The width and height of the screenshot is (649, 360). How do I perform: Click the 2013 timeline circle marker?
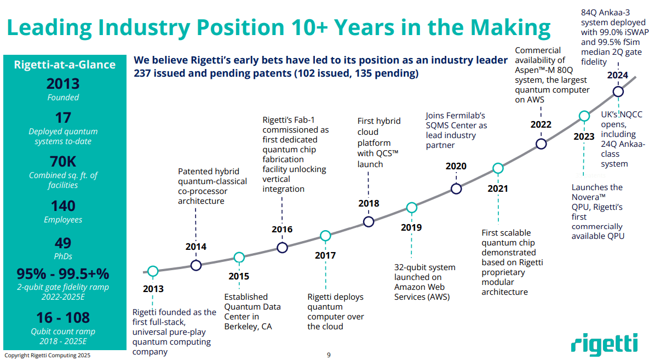click(x=153, y=271)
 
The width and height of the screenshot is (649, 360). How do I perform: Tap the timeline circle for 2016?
click(x=282, y=248)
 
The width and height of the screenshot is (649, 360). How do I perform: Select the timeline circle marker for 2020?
click(x=456, y=189)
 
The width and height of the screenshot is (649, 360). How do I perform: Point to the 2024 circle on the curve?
click(x=618, y=92)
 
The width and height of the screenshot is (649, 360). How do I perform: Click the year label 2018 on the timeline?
click(x=369, y=204)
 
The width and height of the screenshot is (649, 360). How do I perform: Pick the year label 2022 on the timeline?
click(x=541, y=124)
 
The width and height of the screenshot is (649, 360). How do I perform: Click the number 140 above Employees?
click(x=63, y=206)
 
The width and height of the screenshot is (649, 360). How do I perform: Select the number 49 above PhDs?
click(x=63, y=243)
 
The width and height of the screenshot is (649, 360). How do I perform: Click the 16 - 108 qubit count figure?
click(x=63, y=318)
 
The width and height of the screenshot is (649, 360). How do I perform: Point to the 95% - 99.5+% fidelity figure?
click(x=63, y=273)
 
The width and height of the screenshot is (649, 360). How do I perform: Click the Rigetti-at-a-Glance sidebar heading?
click(x=64, y=65)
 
